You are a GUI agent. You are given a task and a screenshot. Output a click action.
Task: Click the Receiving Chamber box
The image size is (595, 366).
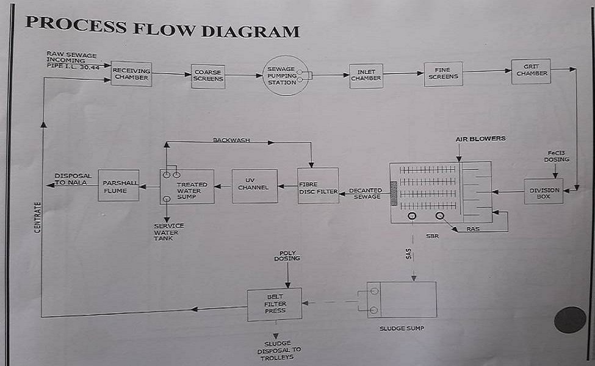pos(131,74)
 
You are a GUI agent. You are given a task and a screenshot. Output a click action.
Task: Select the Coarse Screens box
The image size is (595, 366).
pos(208,76)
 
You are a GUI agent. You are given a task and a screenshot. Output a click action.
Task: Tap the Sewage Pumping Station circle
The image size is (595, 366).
pos(286,76)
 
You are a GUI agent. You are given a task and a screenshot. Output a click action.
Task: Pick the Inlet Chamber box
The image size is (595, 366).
pos(366,76)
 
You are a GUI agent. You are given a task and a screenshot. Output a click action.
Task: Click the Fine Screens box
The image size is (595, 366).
pos(443,74)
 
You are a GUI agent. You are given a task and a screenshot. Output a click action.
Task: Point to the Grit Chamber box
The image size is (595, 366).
pos(532,71)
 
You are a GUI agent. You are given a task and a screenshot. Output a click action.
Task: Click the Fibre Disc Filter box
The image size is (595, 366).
pos(318,186)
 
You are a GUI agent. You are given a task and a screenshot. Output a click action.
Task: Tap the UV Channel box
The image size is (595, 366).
pos(254,185)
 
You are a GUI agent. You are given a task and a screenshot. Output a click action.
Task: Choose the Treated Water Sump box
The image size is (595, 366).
pos(187,187)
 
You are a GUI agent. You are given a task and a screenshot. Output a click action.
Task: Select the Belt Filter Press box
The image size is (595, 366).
pos(275,304)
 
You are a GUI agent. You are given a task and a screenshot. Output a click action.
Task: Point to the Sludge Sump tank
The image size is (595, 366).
pos(402,300)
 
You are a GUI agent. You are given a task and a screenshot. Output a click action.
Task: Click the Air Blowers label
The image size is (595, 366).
pos(480,139)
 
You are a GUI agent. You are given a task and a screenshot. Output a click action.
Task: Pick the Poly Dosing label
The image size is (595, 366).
pos(288,256)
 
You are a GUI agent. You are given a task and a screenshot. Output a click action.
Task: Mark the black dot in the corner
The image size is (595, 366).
pos(570,320)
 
